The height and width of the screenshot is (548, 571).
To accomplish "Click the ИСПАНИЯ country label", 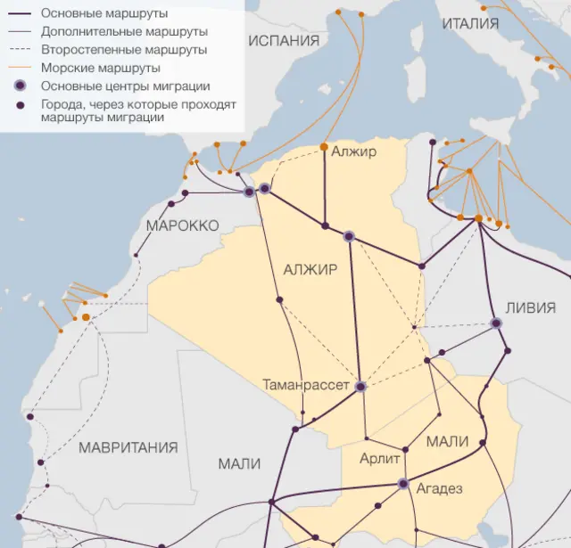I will tap(283, 40).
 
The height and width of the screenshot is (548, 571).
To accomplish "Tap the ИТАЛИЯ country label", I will tap(470, 24).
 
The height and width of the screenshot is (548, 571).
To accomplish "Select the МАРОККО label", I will tap(182, 226).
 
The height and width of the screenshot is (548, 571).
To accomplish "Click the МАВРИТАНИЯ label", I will tap(128, 447).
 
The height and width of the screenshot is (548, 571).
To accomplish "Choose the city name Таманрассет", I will tap(306, 385).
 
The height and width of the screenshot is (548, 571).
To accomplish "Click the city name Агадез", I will tap(437, 488).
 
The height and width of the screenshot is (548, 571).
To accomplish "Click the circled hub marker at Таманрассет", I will tap(360, 387).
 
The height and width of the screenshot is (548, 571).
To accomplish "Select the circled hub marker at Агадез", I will tap(403, 484).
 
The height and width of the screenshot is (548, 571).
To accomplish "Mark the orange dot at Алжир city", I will tap(325, 146).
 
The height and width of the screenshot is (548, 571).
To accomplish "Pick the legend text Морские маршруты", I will tap(101, 68).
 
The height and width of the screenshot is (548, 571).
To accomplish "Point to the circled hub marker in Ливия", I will tap(496, 323).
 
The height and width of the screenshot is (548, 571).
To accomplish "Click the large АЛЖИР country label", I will tap(310, 270).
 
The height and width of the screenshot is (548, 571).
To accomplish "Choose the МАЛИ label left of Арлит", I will tap(239, 463).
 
